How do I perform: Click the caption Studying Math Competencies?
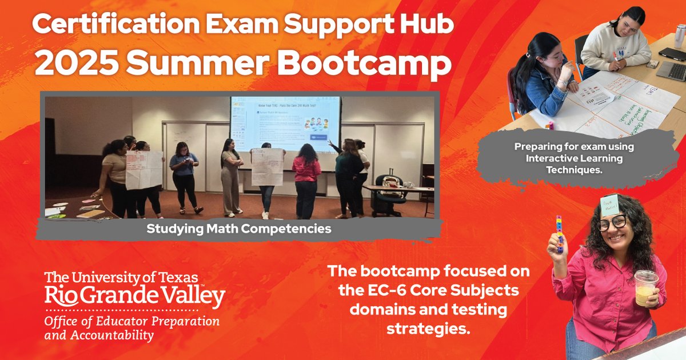[x=239, y=229]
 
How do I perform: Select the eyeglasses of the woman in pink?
[x=612, y=223]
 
